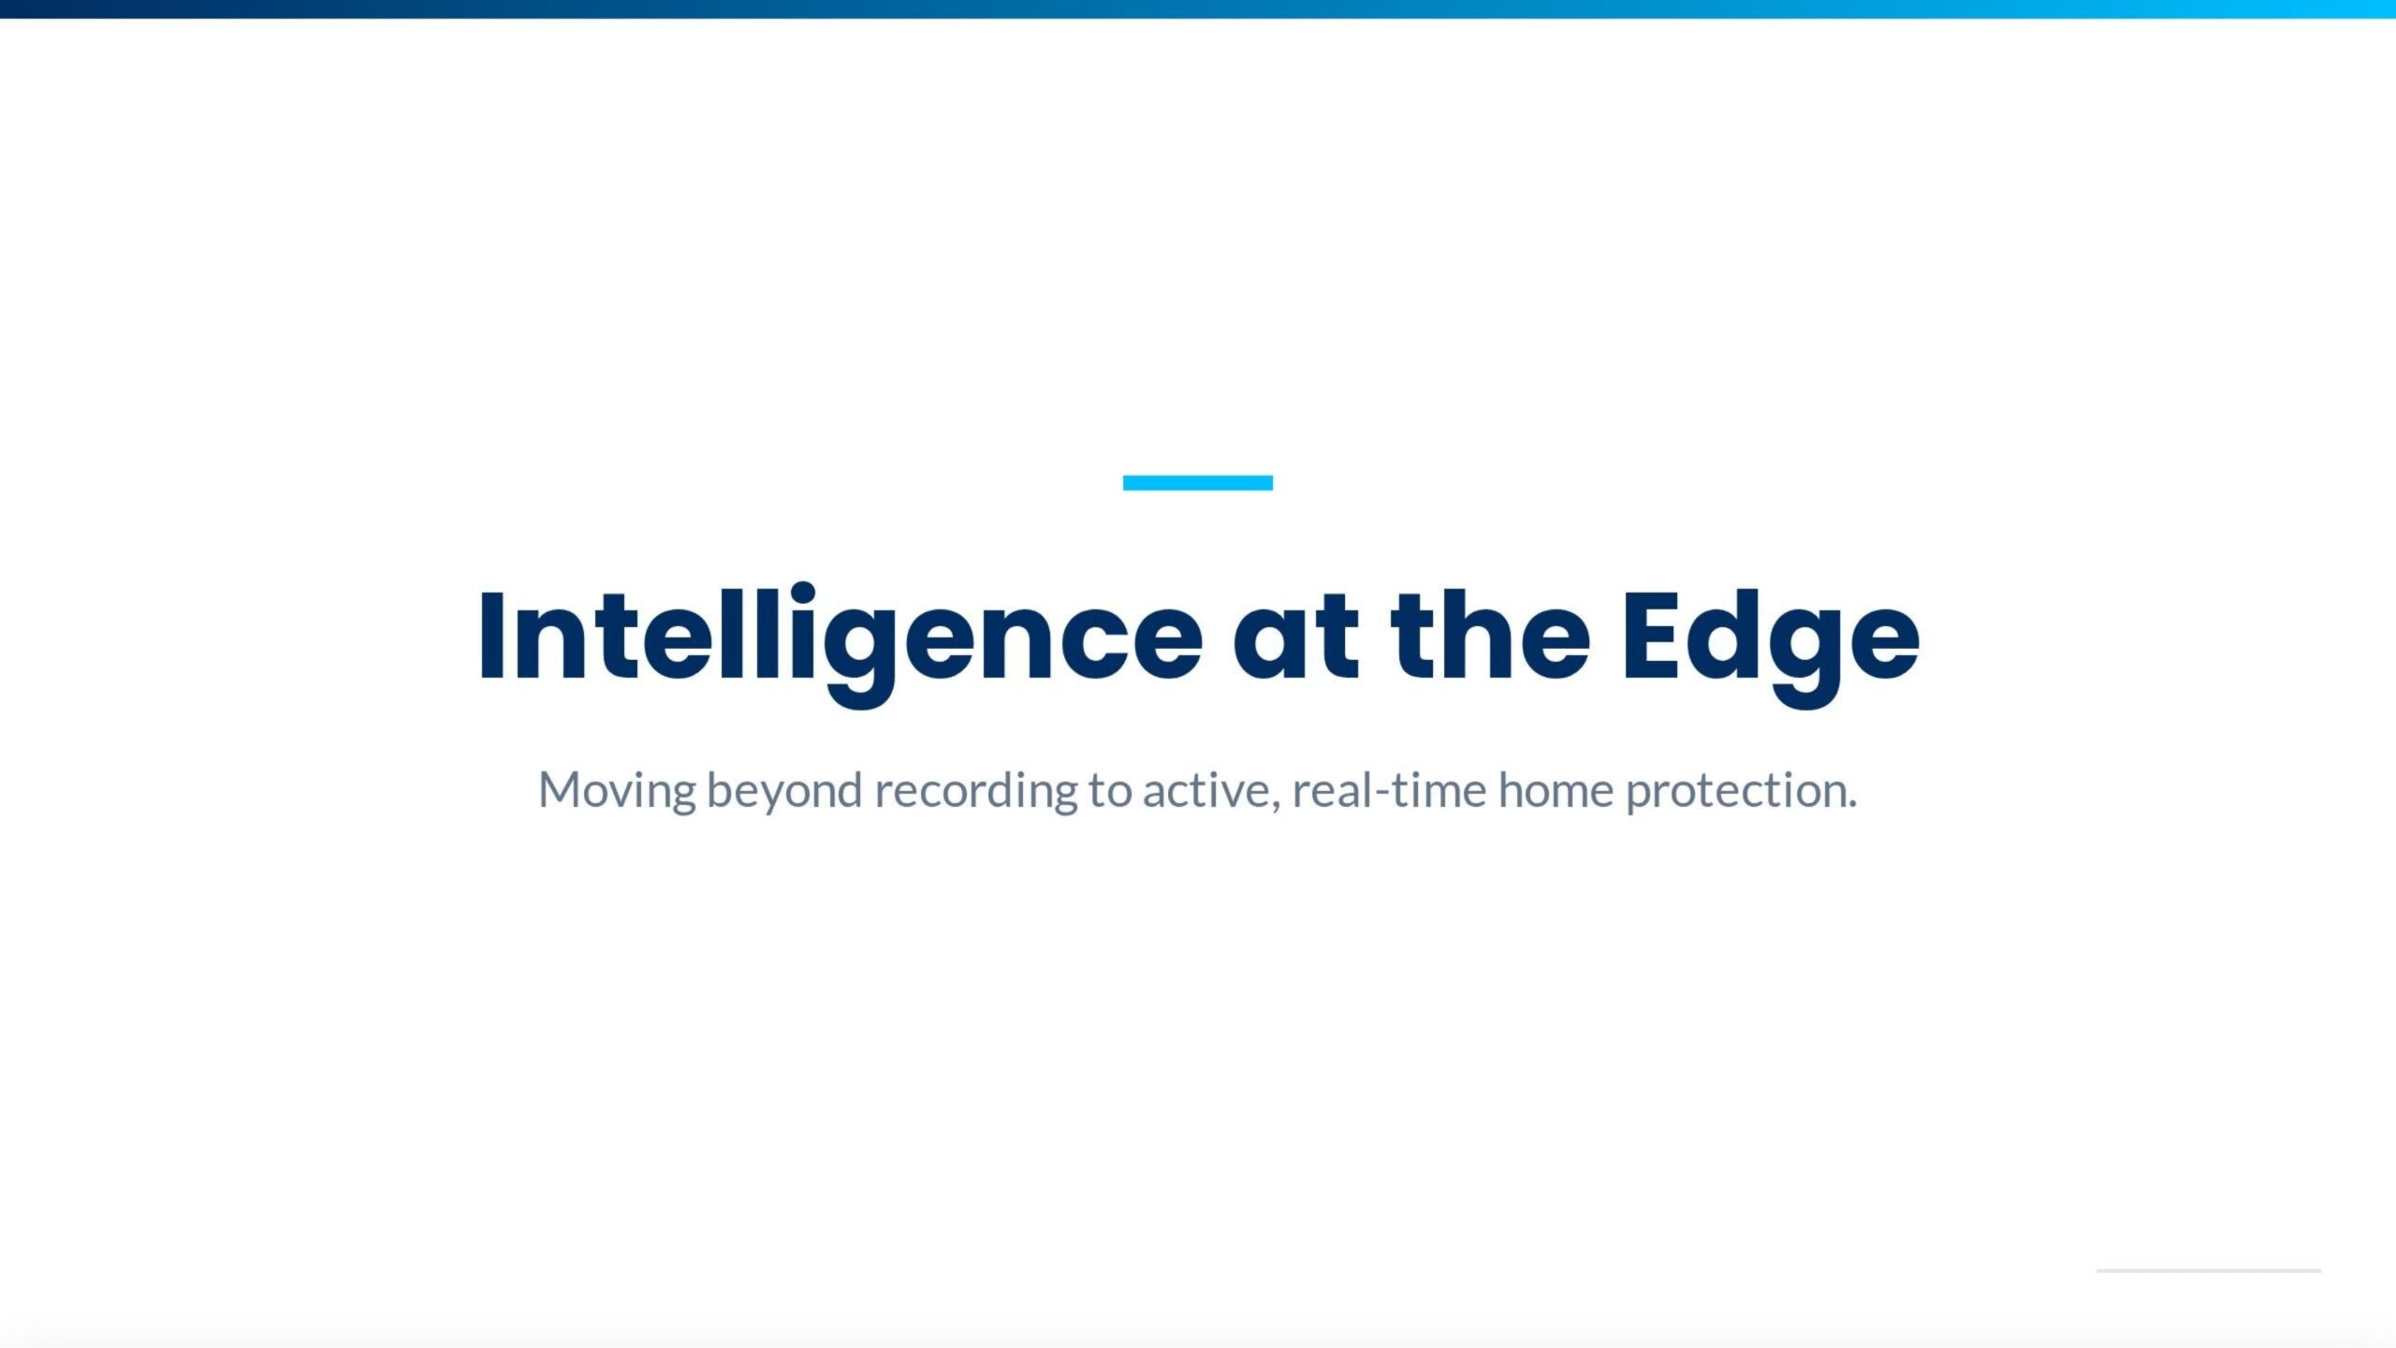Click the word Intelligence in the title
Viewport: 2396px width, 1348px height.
(x=840, y=644)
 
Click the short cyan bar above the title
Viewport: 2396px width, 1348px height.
(x=1198, y=483)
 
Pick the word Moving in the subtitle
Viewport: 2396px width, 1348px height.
(x=617, y=791)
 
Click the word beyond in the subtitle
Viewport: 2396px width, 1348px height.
(x=784, y=791)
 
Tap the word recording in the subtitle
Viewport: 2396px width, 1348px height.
(x=976, y=791)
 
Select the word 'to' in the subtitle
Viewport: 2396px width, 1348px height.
(x=1110, y=792)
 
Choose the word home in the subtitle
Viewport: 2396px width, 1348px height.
(x=1556, y=790)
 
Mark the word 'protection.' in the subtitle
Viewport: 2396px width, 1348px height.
(x=1741, y=792)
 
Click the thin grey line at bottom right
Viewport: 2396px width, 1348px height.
(x=2209, y=1270)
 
